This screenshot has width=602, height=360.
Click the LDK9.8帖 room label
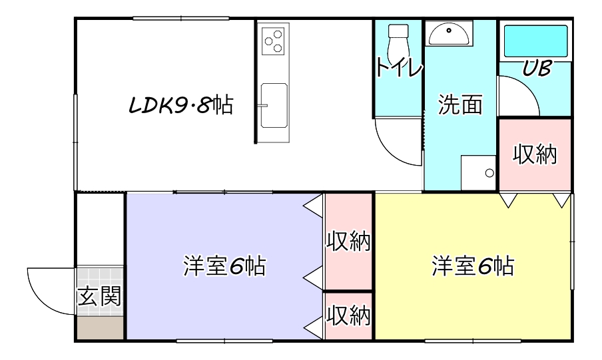pyautogui.click(x=180, y=105)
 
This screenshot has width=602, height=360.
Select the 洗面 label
pyautogui.click(x=460, y=105)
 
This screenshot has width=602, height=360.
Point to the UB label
pyautogui.click(x=535, y=69)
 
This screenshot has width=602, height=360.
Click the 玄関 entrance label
pyautogui.click(x=100, y=295)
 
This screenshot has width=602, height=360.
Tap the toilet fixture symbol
pyautogui.click(x=398, y=40)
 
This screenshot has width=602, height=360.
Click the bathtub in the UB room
pyautogui.click(x=535, y=41)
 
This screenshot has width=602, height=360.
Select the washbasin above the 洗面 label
pyautogui.click(x=449, y=33)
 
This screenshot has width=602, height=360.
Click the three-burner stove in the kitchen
pyautogui.click(x=273, y=42)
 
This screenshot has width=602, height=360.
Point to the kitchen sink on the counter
pyautogui.click(x=274, y=104)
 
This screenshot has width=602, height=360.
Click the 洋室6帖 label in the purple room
pyautogui.click(x=224, y=267)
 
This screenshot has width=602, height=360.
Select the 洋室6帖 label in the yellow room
pyautogui.click(x=472, y=267)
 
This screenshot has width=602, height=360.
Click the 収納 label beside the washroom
pyautogui.click(x=535, y=155)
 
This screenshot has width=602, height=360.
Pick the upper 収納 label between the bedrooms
pyautogui.click(x=348, y=242)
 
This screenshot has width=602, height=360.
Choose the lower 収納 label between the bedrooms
pyautogui.click(x=348, y=315)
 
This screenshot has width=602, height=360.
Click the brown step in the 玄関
pyautogui.click(x=100, y=328)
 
